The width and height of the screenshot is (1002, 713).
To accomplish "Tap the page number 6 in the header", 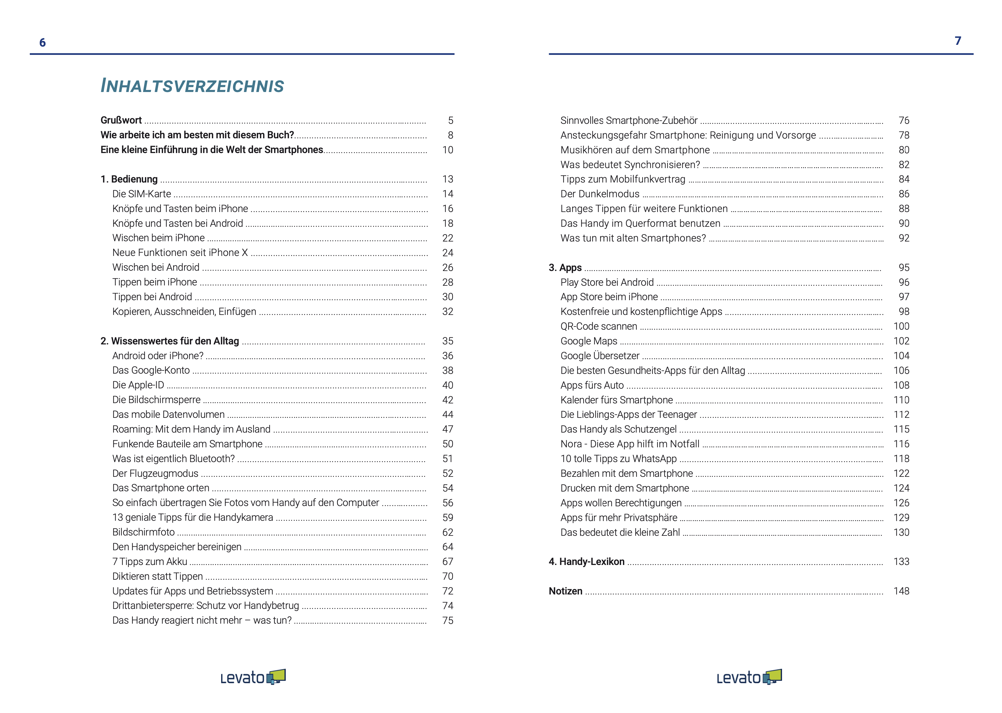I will tap(42, 42).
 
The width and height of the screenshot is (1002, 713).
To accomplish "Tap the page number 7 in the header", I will tap(958, 41).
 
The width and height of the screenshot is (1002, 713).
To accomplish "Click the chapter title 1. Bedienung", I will tap(129, 179).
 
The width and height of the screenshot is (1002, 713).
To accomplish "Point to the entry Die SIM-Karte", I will tap(141, 194).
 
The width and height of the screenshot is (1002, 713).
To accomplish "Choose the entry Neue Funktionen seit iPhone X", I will tap(180, 253).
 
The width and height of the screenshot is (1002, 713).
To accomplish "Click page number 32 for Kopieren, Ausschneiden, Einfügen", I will tap(447, 312).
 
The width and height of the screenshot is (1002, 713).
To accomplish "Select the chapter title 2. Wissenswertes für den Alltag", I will tap(170, 341).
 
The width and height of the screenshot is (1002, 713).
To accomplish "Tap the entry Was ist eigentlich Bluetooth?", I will tap(173, 459).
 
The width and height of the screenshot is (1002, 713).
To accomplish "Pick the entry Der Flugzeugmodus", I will tap(155, 473).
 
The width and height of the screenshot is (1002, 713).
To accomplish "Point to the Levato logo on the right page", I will tap(749, 677).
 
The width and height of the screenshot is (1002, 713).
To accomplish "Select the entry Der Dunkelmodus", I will tap(600, 194).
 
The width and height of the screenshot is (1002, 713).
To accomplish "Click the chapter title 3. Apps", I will tap(565, 268).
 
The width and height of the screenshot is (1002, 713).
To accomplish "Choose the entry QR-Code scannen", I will tap(599, 326).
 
